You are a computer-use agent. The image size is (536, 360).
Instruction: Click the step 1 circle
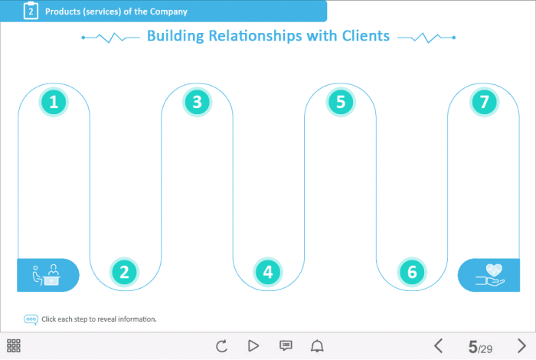[x=54, y=102]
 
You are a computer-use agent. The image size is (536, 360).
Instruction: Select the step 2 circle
[x=124, y=270]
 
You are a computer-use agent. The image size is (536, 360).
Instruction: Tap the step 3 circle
[x=197, y=102]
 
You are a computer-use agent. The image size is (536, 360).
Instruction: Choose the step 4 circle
[x=267, y=270]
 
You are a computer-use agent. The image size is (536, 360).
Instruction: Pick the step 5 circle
[x=340, y=102]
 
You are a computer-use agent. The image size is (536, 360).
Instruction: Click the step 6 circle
[x=412, y=270]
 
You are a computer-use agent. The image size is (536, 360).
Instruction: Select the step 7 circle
[x=484, y=102]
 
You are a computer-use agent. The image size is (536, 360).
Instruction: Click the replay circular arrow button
[x=222, y=346]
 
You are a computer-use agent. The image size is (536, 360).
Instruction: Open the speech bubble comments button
[x=286, y=346]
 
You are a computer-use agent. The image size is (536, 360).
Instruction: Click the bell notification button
[x=317, y=346]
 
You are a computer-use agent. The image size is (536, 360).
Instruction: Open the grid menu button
[x=14, y=346]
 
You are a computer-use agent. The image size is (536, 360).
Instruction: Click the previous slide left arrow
[x=439, y=346]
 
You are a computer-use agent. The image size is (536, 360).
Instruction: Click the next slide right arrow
[x=521, y=346]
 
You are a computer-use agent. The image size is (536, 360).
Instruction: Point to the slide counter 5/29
[x=480, y=347]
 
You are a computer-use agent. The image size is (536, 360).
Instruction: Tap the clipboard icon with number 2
[x=31, y=11]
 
